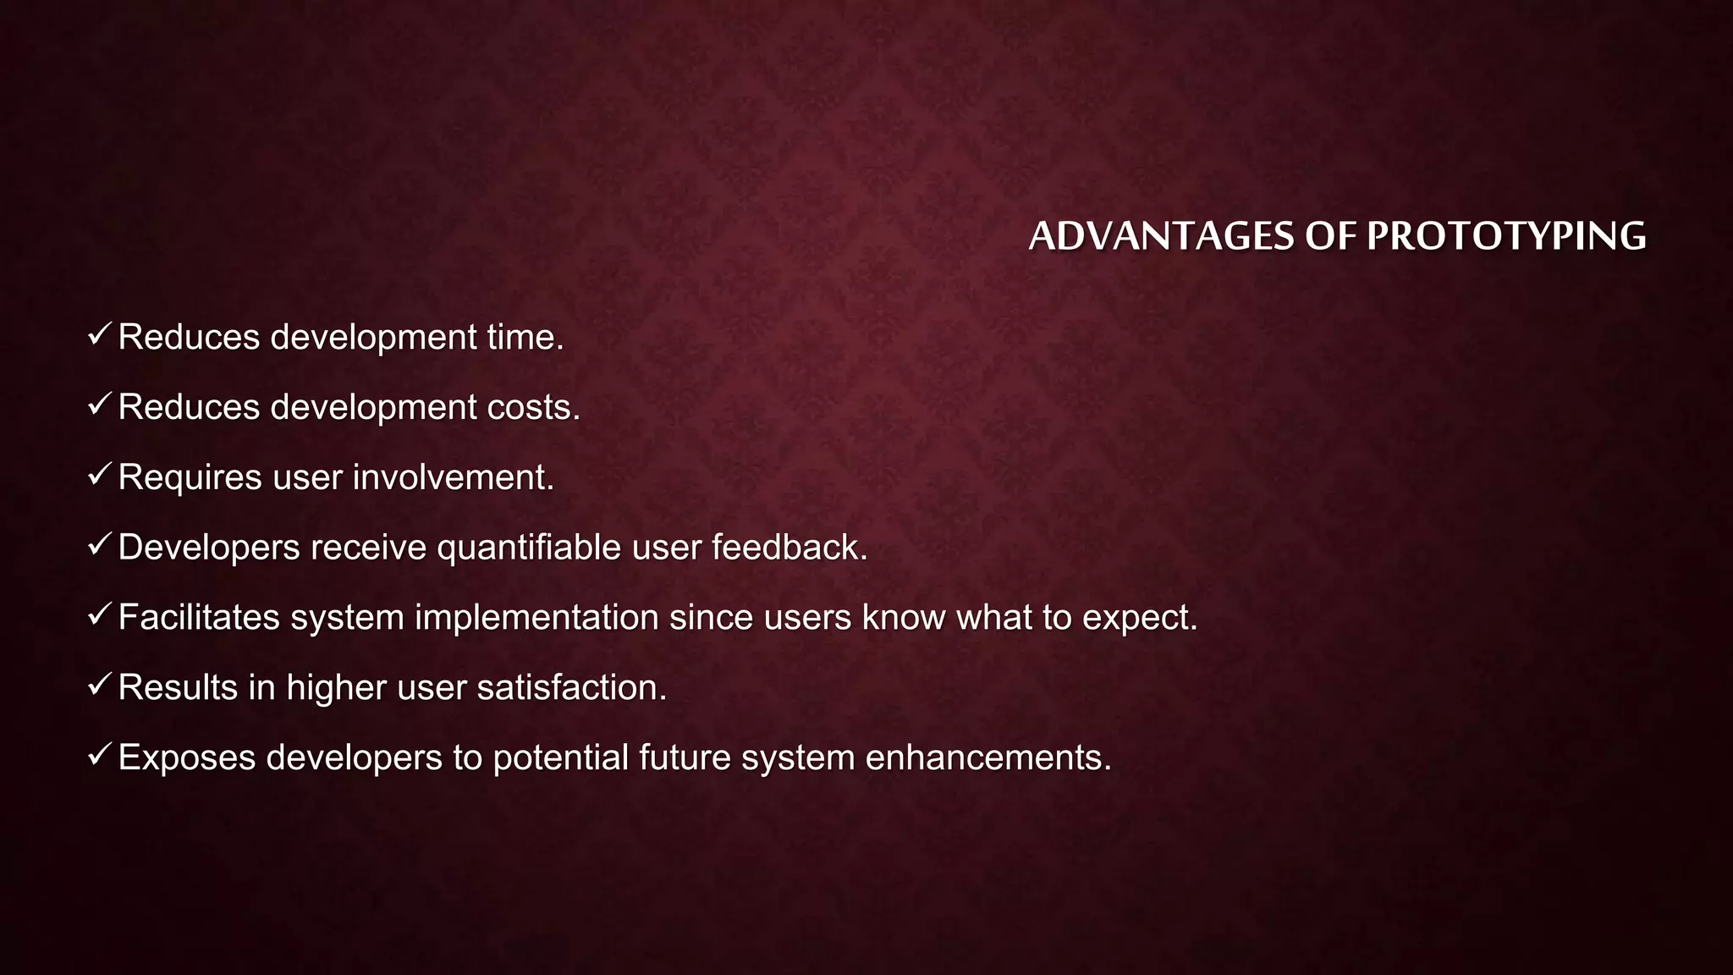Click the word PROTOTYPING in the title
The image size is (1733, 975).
coord(1506,236)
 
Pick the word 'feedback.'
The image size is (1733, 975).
coord(789,548)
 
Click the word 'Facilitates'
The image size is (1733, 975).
coord(199,618)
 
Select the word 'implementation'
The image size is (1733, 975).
coord(536,618)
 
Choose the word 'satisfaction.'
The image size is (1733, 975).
coord(572,687)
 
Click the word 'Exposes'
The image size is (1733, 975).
coord(186,757)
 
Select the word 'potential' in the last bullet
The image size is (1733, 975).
coord(560,757)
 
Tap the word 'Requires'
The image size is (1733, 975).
coord(190,477)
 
